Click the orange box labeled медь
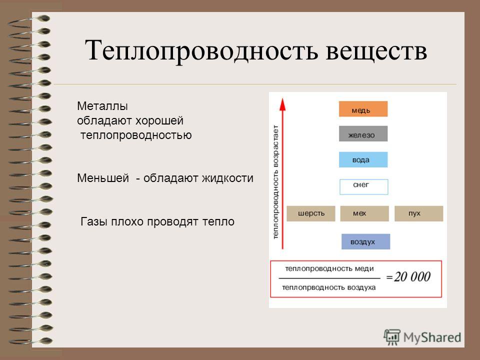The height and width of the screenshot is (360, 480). [363, 109]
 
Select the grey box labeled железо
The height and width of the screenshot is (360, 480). [363, 134]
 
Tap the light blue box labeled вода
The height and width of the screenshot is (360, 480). [363, 159]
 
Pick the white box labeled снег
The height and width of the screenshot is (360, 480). [363, 186]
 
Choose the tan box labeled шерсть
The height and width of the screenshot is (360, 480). [310, 213]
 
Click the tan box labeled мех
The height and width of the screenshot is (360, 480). [364, 213]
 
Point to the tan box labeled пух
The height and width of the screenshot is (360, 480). [419, 213]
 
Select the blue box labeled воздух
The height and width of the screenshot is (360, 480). [366, 241]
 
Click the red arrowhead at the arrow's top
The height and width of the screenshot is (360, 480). [283, 104]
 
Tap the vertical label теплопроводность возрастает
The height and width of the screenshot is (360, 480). [275, 182]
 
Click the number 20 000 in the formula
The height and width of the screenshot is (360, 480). [412, 276]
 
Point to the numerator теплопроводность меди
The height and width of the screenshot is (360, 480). [329, 268]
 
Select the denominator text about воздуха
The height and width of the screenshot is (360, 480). [329, 287]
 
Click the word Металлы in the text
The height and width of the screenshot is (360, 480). [102, 106]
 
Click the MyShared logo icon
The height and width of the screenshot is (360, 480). [392, 337]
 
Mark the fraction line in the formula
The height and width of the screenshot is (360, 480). [329, 278]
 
